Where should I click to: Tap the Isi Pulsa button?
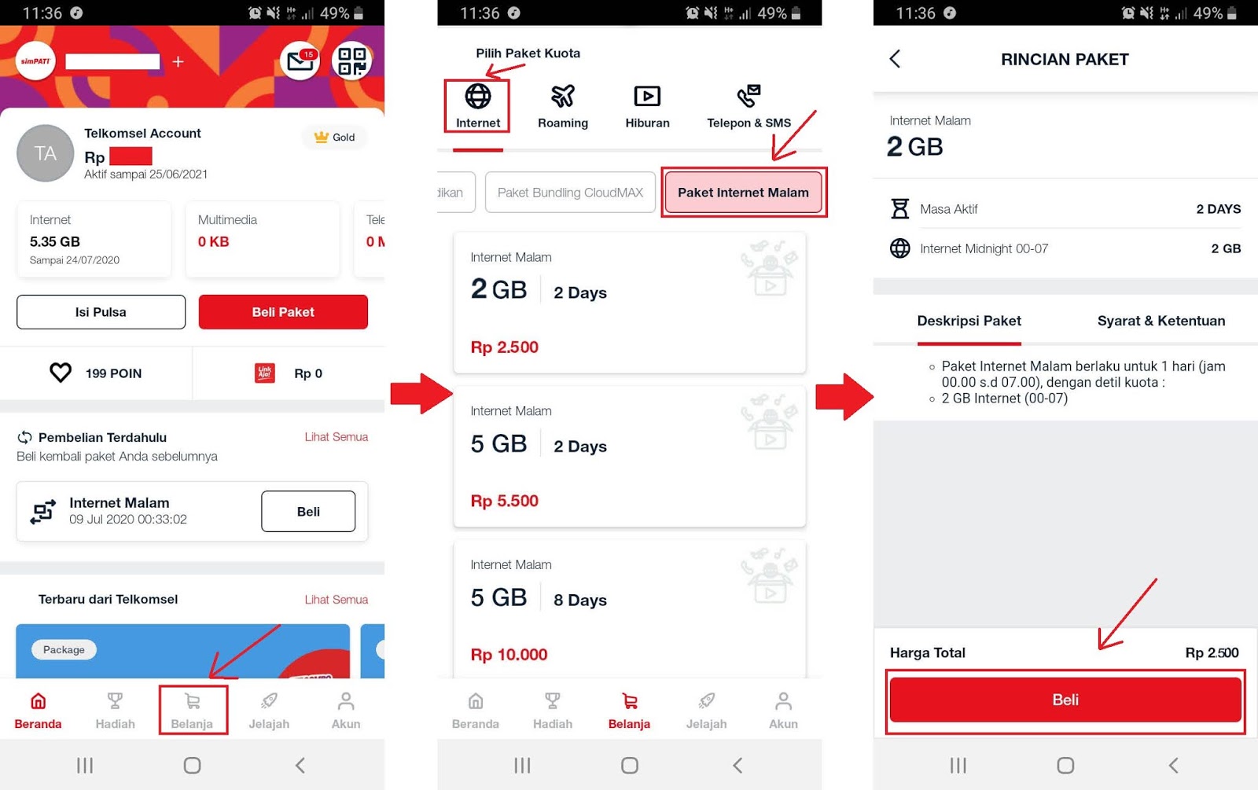pyautogui.click(x=101, y=311)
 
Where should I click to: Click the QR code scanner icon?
pyautogui.click(x=351, y=61)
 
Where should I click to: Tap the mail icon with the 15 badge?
pyautogui.click(x=300, y=61)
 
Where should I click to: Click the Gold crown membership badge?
pyautogui.click(x=335, y=137)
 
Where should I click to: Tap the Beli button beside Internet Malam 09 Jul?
pyautogui.click(x=307, y=511)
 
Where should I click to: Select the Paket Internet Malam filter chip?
pyautogui.click(x=743, y=192)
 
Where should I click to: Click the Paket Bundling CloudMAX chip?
pyautogui.click(x=570, y=192)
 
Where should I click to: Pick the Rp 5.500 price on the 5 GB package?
pyautogui.click(x=504, y=500)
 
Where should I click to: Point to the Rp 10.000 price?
pyautogui.click(x=509, y=654)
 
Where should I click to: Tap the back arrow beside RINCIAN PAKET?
pyautogui.click(x=896, y=58)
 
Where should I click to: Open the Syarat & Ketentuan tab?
pyautogui.click(x=1161, y=321)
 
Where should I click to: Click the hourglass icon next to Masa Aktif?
pyautogui.click(x=899, y=208)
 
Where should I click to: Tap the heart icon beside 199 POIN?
pyautogui.click(x=61, y=373)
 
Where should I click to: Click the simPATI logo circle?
pyautogui.click(x=35, y=61)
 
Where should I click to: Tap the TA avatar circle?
pyautogui.click(x=45, y=152)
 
